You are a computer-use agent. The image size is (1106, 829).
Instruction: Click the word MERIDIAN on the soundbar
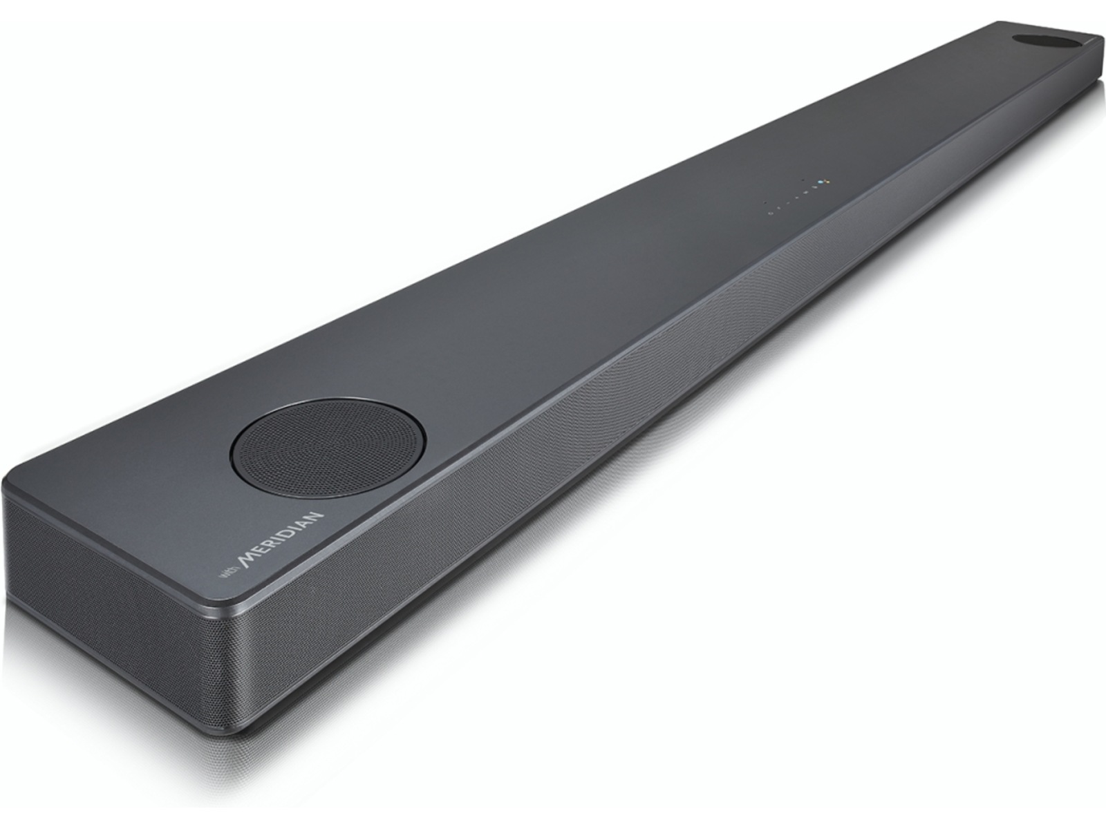(x=281, y=540)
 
